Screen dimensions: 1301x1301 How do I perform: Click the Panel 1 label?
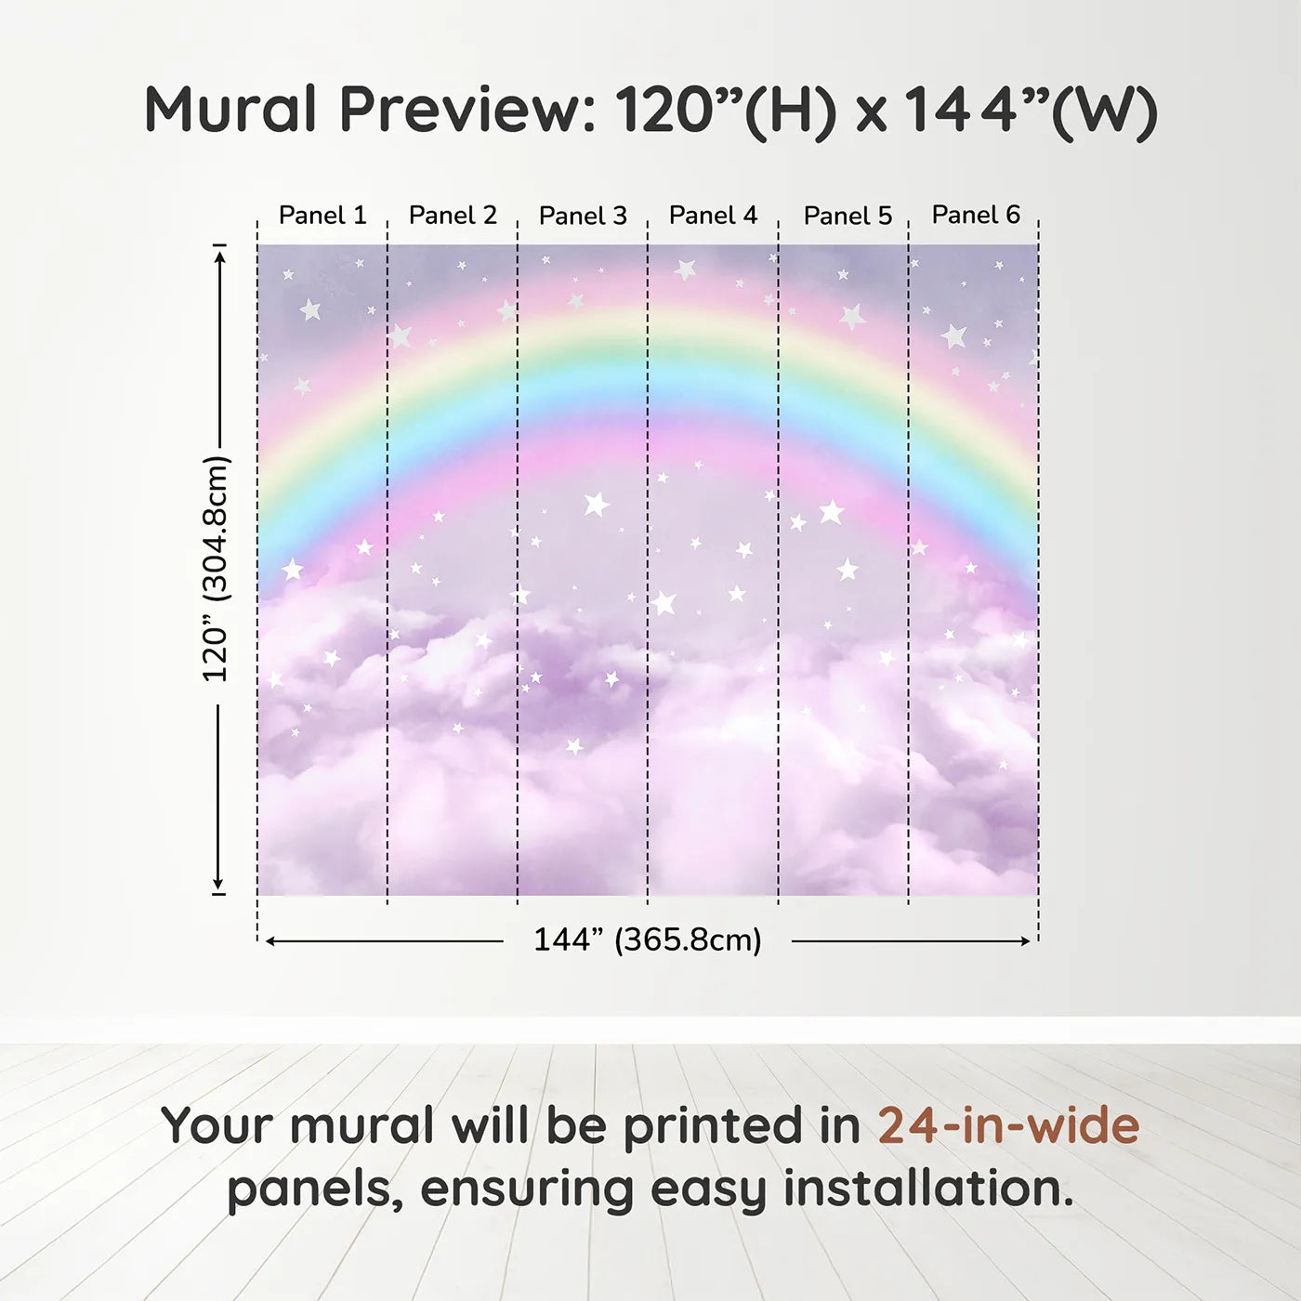(322, 216)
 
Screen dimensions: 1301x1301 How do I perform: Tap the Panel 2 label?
(453, 216)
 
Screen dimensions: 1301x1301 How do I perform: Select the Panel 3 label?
(584, 216)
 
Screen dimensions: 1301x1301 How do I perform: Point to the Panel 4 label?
(714, 216)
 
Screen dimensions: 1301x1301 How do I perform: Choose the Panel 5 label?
(848, 216)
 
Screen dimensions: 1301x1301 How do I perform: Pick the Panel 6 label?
(977, 215)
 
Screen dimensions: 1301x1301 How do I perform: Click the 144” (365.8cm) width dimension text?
(648, 940)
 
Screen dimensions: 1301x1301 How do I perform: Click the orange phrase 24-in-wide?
(1008, 1125)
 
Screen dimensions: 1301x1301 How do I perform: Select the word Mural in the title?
(230, 110)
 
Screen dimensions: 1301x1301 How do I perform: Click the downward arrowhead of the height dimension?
(217, 883)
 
